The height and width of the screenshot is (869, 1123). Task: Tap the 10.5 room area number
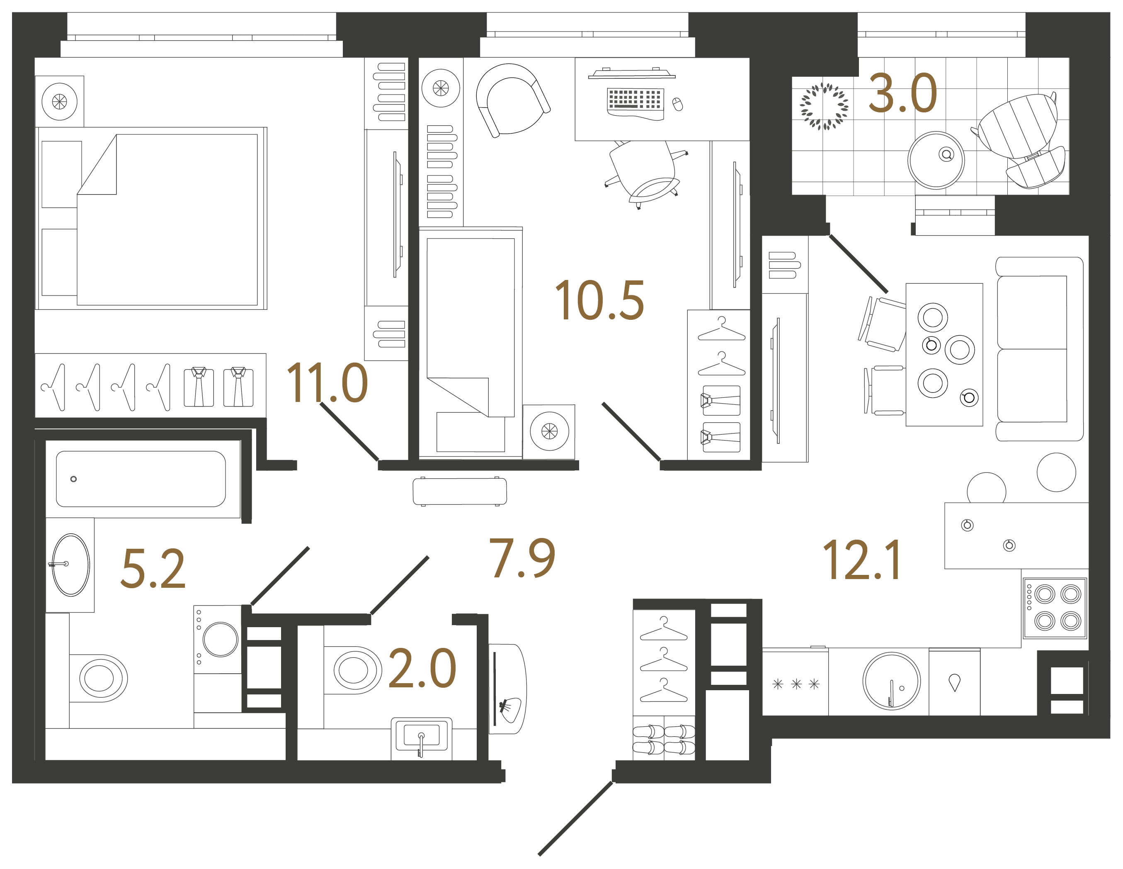[x=599, y=300]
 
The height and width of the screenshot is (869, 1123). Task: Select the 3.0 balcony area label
[x=903, y=93]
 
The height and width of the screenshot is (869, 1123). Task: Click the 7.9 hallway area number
[x=522, y=558]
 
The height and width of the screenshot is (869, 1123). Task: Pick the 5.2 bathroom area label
[x=153, y=569]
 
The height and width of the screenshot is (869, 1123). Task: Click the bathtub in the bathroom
[x=141, y=479]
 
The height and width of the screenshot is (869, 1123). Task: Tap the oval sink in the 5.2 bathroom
[x=71, y=565]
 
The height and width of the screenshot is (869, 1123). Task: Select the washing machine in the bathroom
[x=218, y=639]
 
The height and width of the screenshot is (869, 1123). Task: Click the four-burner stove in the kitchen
[x=1055, y=608]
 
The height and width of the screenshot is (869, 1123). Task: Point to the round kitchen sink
[x=892, y=681]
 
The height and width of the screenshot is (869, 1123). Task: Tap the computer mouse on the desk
[x=678, y=104]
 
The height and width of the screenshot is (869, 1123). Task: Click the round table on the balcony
[x=936, y=160]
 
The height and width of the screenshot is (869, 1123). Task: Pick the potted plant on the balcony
[x=824, y=107]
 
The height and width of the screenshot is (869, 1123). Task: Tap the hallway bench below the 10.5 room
[x=460, y=492]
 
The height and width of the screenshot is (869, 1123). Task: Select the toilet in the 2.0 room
[x=353, y=670]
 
